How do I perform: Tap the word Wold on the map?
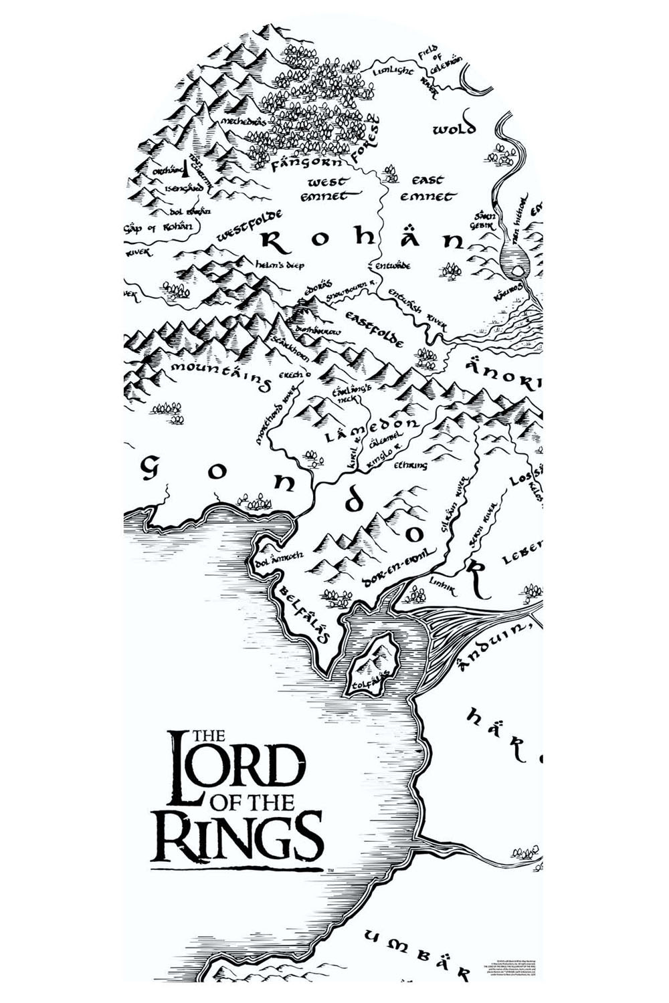click(x=454, y=128)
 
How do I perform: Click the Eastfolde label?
click(x=374, y=328)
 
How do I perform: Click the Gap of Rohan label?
click(x=159, y=227)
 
